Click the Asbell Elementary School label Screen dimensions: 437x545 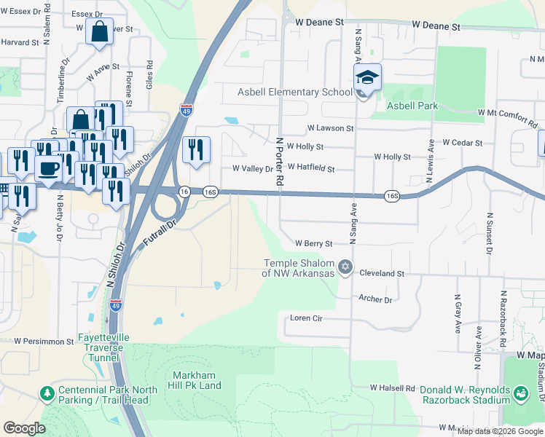(x=294, y=92)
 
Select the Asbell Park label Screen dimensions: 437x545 (x=412, y=106)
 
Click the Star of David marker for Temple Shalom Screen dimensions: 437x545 (x=345, y=268)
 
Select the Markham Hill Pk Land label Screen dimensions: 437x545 (x=196, y=379)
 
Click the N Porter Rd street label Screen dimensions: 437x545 (x=278, y=163)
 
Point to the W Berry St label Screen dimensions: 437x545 (x=313, y=243)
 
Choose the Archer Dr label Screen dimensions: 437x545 (x=375, y=299)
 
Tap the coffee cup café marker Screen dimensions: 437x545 (x=49, y=168)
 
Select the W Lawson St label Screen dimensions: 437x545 (x=330, y=128)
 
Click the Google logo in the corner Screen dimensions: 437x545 (x=24, y=428)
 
